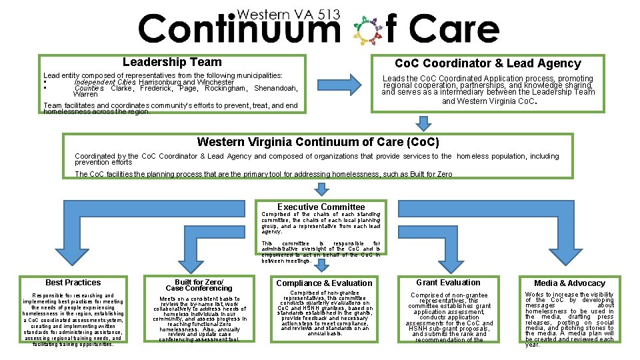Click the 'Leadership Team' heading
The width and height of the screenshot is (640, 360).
coord(172,62)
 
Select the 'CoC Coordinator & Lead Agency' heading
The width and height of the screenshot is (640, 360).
coord(487,63)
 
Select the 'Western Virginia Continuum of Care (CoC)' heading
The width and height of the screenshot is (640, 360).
coord(318,142)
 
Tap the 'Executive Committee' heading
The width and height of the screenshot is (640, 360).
coord(321,207)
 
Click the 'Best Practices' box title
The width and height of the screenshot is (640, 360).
coord(73,283)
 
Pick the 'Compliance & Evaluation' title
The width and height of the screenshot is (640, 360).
coord(324,283)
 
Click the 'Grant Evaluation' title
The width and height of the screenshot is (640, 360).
coord(447,283)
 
